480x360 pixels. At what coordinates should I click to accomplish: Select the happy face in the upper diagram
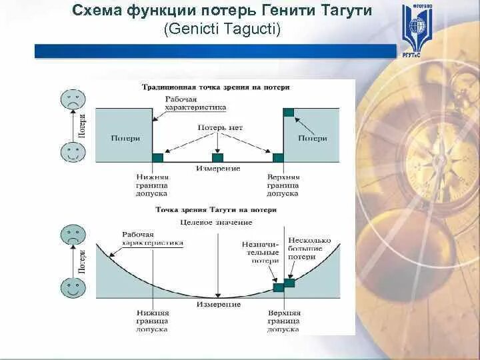point(73,152)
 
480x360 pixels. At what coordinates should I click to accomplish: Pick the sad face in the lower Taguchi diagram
point(73,235)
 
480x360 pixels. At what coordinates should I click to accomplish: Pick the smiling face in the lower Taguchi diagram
point(73,288)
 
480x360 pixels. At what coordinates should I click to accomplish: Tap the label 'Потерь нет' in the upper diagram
point(220,127)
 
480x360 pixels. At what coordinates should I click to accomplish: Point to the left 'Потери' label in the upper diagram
point(125,139)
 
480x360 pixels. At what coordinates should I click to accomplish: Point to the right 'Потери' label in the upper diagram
point(312,139)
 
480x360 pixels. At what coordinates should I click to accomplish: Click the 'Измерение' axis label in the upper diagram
point(218,169)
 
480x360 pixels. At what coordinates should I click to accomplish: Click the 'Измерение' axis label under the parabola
point(218,304)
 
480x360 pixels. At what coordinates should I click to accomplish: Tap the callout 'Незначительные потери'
point(260,253)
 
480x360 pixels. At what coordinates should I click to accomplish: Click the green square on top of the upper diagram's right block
point(289,112)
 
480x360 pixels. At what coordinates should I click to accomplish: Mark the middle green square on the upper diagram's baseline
point(217,157)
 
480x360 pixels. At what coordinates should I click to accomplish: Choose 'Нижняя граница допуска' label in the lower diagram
point(152,321)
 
